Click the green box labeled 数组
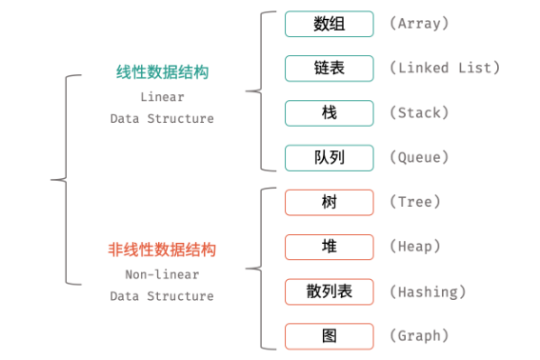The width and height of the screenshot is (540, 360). click(329, 24)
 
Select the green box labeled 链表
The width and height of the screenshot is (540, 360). click(329, 69)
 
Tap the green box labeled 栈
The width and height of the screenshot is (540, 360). click(329, 112)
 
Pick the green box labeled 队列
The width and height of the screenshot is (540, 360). click(329, 157)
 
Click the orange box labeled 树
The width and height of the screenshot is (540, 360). click(329, 202)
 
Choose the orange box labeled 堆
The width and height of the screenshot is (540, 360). click(329, 247)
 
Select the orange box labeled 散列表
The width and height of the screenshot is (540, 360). click(329, 291)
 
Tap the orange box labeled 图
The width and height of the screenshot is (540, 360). click(329, 335)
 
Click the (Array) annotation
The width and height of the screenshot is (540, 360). click(420, 24)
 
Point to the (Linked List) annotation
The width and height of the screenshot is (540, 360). click(444, 69)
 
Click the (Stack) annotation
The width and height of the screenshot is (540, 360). click(420, 112)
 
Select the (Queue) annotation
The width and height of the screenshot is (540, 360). click(420, 157)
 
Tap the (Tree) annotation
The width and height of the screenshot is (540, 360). click(416, 202)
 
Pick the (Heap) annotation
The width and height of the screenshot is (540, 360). click(416, 247)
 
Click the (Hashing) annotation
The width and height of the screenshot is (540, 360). click(428, 291)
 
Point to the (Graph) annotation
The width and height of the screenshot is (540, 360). click(420, 335)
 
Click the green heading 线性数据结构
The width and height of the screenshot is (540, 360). click(162, 73)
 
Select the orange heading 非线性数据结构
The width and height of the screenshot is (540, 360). click(162, 250)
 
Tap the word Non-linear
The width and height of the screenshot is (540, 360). click(162, 274)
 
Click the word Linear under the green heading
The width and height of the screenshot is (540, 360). click(162, 97)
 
